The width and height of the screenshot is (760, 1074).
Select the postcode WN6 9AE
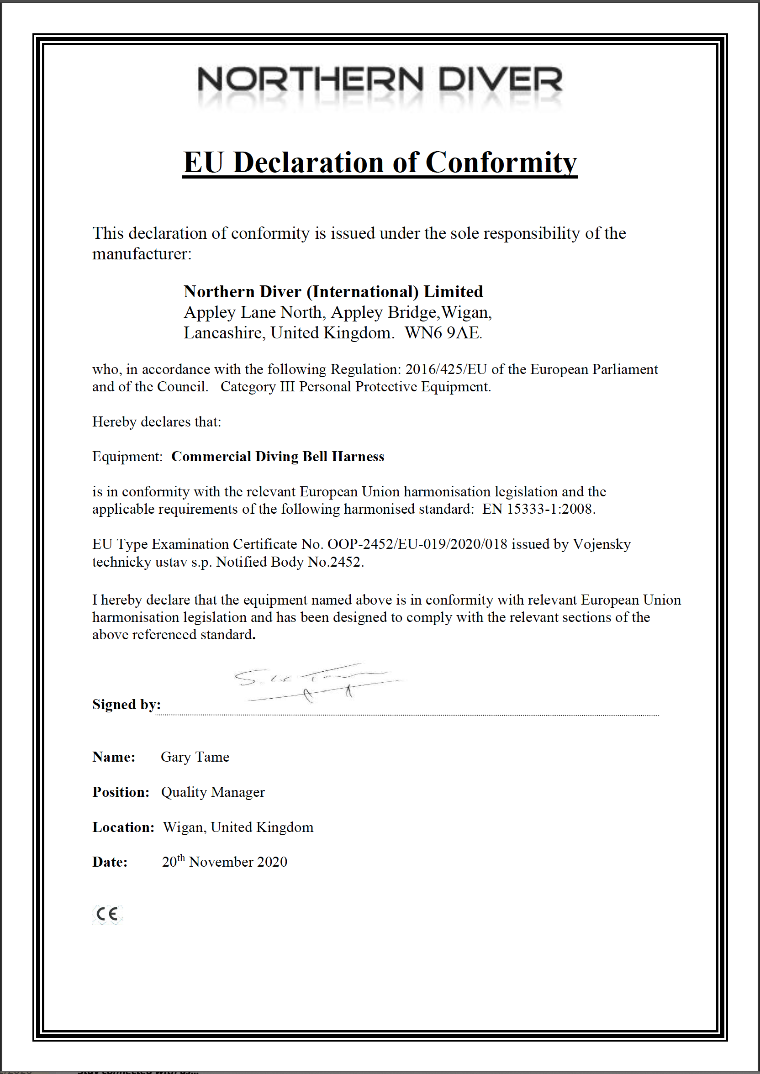[443, 332]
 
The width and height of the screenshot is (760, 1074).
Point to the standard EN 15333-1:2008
[538, 509]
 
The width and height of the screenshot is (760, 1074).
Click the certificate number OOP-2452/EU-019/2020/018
[417, 544]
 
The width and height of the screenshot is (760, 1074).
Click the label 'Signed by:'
[127, 704]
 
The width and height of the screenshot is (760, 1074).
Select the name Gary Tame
[195, 757]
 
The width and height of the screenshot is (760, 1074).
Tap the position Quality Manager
[213, 792]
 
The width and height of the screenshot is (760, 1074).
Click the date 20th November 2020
[225, 862]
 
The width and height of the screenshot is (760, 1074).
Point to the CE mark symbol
[107, 914]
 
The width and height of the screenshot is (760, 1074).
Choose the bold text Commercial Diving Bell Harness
[278, 456]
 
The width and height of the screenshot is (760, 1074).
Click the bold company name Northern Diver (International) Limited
[333, 291]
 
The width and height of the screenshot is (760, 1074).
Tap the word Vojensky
[602, 544]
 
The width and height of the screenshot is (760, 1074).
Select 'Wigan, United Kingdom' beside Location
[238, 827]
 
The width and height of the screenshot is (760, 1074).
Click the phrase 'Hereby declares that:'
[156, 421]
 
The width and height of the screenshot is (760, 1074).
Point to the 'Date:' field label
[110, 862]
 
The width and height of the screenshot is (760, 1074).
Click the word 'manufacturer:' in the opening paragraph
[142, 254]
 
